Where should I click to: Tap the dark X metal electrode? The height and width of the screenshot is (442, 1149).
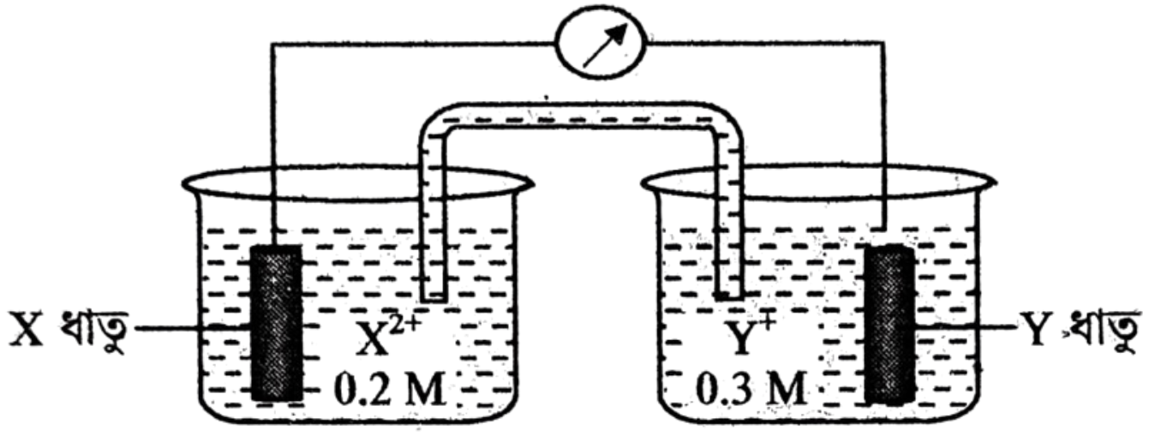coord(276,323)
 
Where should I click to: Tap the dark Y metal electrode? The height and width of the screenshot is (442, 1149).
coord(889,324)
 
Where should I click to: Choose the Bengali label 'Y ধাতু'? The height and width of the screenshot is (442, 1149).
coord(1082,328)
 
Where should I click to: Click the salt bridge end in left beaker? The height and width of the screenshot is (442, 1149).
coord(434,296)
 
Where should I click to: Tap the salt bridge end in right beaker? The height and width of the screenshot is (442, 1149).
coord(728,296)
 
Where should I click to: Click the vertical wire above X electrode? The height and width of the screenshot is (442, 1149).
coord(274,145)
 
